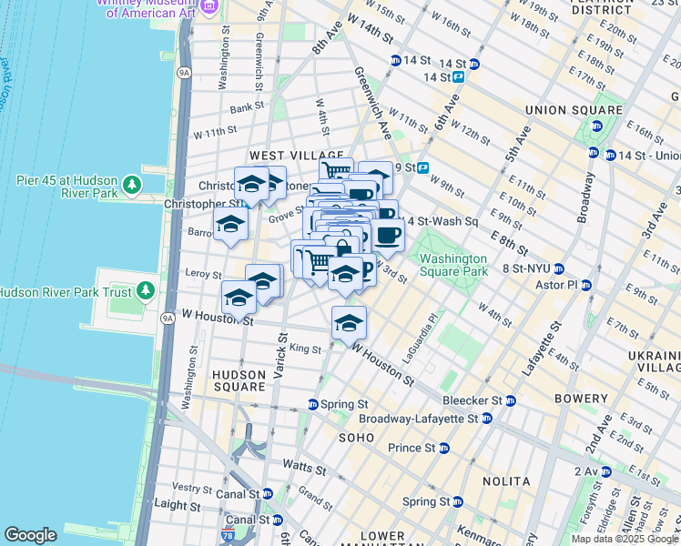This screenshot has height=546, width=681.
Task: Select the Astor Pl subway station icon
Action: coord(585,285)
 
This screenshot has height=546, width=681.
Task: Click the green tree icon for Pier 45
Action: coord(133,186)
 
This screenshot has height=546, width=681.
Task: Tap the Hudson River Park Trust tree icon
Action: coord(145,292)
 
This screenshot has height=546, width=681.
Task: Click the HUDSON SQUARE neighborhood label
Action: coord(239,380)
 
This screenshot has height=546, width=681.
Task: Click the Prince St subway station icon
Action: coord(443,448)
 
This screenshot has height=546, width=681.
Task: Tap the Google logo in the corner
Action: coord(31,535)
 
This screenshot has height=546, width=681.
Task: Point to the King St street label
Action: coord(305,349)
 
